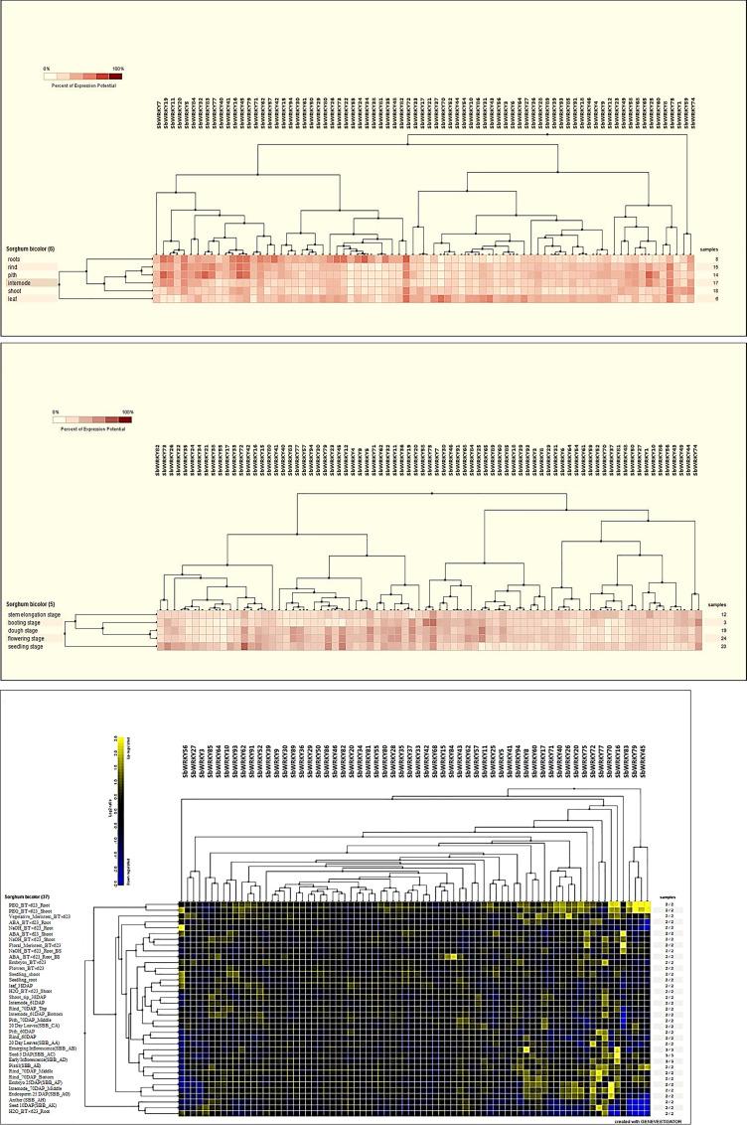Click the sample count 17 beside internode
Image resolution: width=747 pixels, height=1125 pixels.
(x=713, y=283)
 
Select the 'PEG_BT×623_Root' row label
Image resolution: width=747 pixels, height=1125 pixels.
(x=30, y=904)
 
